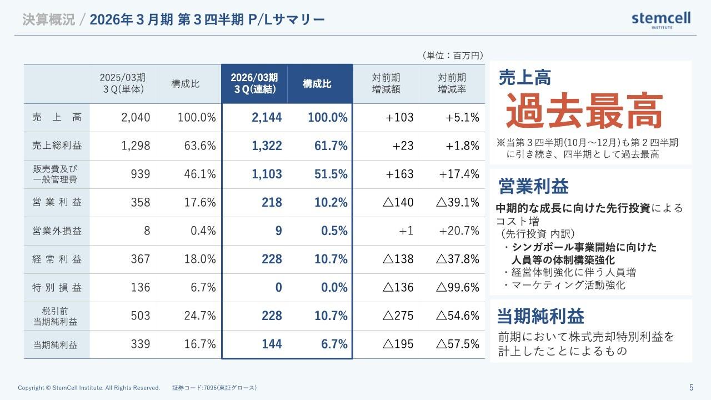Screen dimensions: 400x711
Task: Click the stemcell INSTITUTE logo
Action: pos(660,19)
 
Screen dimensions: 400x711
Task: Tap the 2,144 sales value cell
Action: pos(266,117)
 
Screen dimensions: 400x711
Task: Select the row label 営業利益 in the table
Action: pos(57,202)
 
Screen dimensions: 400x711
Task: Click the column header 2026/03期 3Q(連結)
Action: pos(254,83)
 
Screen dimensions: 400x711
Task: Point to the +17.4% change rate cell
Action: pos(459,174)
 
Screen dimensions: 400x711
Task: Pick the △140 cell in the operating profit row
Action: pos(398,202)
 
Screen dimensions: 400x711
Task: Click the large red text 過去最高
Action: pos(584,112)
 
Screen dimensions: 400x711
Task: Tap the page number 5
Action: pos(691,388)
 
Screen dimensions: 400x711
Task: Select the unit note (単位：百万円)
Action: pos(452,55)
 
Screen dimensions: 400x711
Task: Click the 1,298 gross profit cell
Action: pos(136,146)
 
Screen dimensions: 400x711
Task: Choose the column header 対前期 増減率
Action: pos(452,83)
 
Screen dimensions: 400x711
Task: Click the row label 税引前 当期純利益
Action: pos(57,316)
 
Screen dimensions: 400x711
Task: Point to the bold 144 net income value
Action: pos(272,344)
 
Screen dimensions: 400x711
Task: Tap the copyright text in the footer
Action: pos(89,388)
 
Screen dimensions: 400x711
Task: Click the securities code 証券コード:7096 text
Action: pos(214,388)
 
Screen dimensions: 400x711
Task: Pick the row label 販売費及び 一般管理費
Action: pos(57,174)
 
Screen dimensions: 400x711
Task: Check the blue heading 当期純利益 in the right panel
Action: pos(540,316)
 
